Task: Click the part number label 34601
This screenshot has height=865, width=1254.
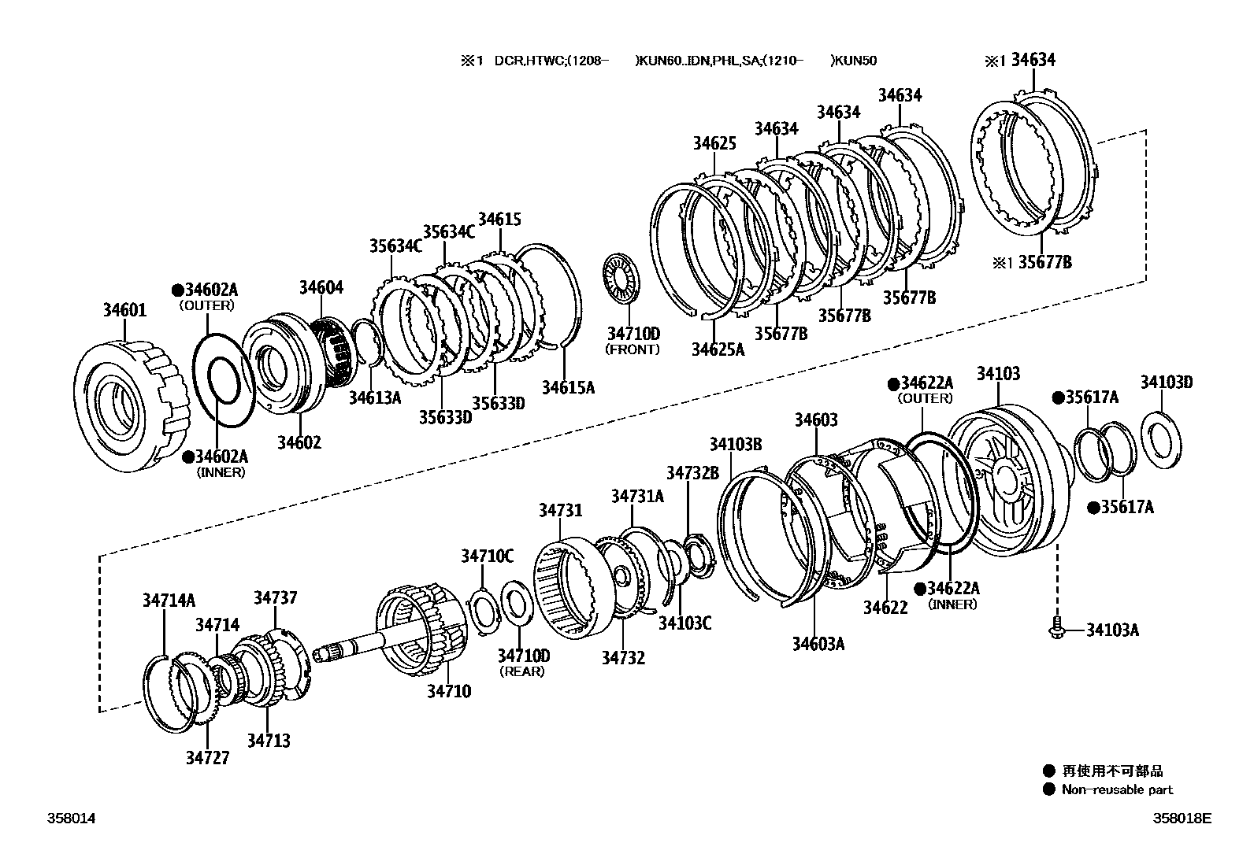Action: (124, 310)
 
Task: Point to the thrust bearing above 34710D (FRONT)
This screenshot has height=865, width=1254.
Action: (622, 277)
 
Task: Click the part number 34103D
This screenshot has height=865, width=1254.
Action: (1166, 383)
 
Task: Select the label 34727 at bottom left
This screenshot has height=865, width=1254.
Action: (207, 758)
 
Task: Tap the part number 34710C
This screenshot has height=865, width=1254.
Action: (487, 556)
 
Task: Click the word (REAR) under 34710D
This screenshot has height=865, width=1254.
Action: (522, 671)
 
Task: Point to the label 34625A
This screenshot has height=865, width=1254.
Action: (718, 349)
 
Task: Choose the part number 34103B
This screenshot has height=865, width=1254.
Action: (735, 445)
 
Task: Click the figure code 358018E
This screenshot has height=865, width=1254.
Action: (1183, 818)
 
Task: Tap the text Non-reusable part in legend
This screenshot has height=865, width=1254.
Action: (1117, 789)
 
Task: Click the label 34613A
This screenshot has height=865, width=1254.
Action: (375, 397)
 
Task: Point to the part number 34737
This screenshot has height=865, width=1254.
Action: (275, 598)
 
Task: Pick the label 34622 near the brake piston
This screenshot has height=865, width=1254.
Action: (885, 607)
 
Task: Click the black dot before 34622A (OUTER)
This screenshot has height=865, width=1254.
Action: (893, 383)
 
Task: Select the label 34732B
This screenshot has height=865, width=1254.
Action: (692, 472)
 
